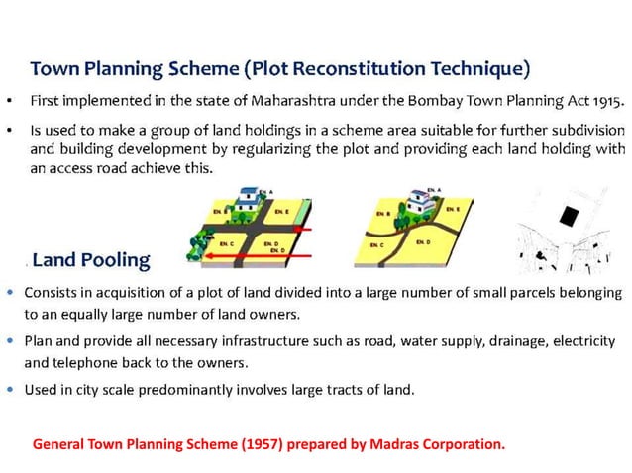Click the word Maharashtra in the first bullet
250,101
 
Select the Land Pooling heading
91,260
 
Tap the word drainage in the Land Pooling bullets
509,340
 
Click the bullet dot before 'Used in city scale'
10,390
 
